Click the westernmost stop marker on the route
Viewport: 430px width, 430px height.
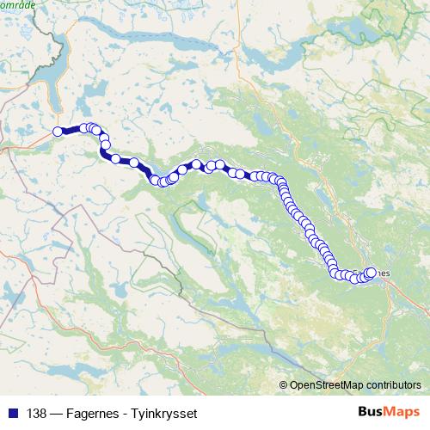(58, 132)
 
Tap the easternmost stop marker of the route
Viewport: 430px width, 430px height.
(372, 273)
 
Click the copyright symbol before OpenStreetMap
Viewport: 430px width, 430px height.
(283, 385)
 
